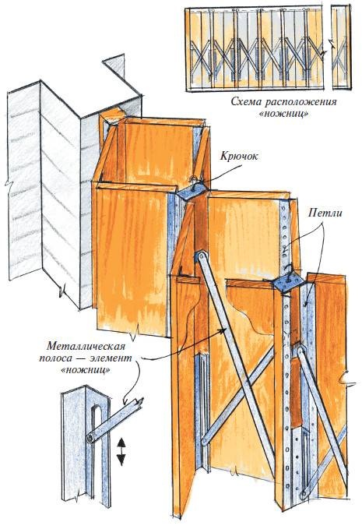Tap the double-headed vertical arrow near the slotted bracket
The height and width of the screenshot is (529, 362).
click(121, 451)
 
